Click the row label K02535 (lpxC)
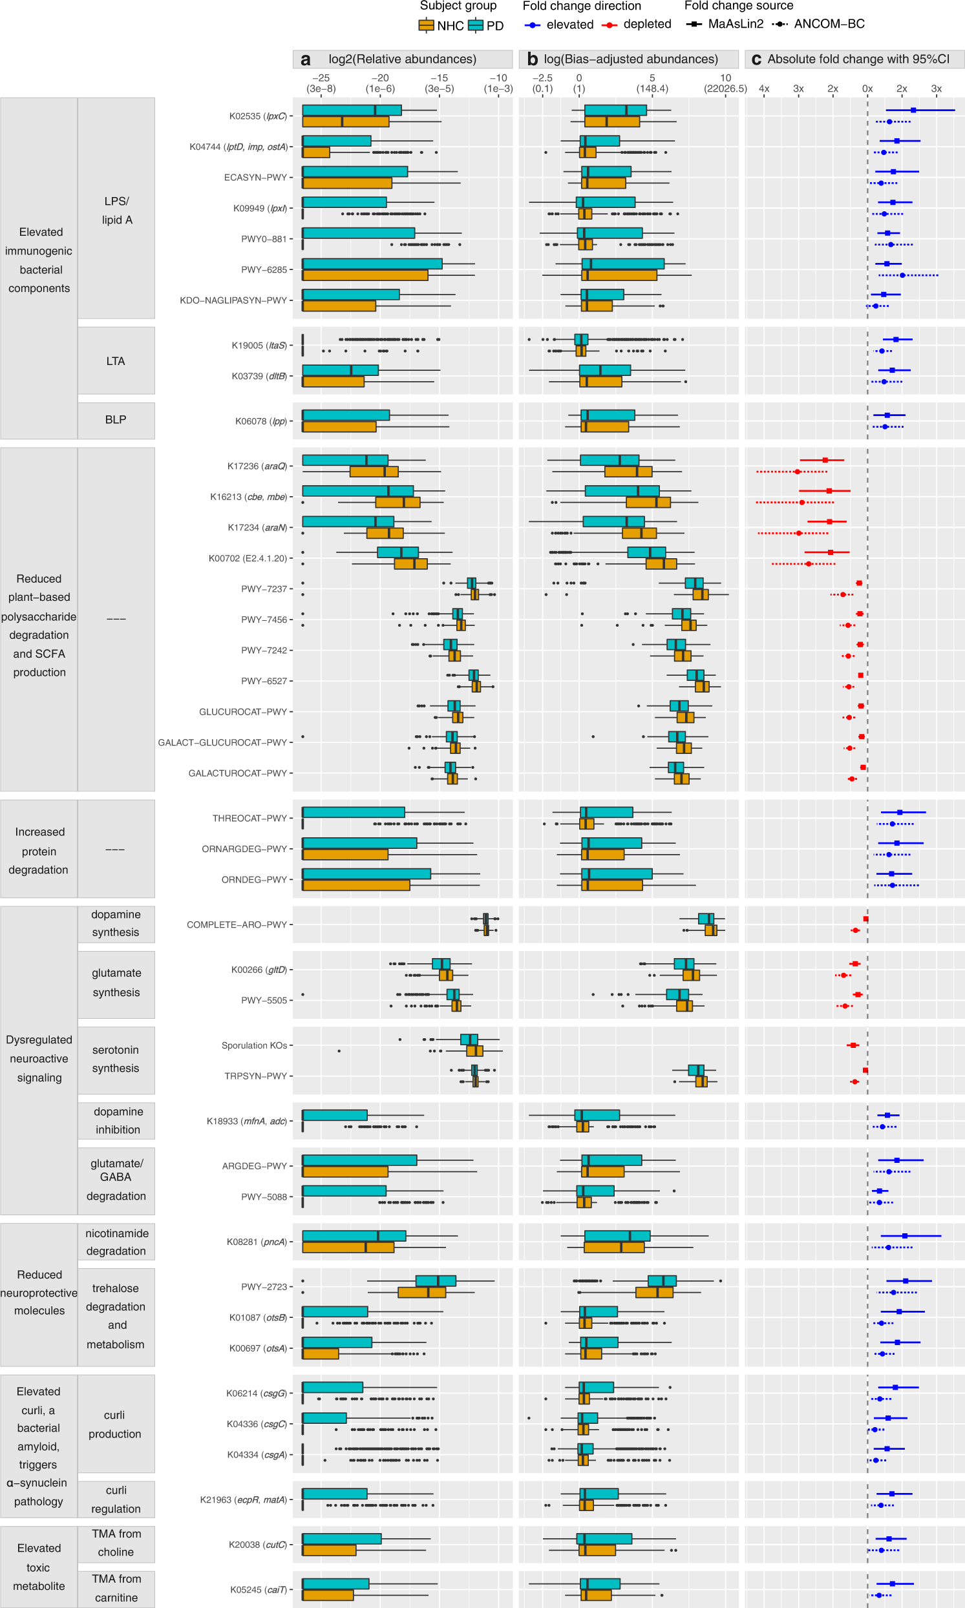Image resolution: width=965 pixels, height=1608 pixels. [257, 116]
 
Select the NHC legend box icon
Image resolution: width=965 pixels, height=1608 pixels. [426, 25]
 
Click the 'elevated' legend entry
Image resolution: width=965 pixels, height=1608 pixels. [560, 25]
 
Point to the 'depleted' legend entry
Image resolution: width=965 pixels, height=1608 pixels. [637, 25]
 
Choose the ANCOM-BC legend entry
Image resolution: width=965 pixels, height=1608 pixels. [819, 24]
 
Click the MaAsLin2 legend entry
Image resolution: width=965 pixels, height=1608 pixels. [725, 24]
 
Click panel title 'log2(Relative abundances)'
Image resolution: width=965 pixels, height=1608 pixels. [402, 59]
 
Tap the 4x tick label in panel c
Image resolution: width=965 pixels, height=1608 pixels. [764, 89]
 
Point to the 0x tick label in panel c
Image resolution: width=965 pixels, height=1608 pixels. [867, 89]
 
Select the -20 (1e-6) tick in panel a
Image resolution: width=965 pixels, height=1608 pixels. [380, 83]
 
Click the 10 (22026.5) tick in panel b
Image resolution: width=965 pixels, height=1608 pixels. [725, 83]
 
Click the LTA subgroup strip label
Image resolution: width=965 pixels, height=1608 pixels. [116, 360]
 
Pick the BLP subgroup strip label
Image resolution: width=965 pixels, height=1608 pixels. [116, 419]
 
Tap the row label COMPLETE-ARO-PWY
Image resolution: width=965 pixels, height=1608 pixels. [237, 924]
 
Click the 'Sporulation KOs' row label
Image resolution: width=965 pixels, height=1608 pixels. [253, 1045]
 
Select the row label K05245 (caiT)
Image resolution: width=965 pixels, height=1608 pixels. [258, 1589]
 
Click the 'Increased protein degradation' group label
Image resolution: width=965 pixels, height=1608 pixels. [39, 850]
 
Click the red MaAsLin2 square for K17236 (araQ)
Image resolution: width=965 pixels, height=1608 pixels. [825, 460]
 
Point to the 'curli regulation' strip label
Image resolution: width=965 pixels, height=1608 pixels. [116, 1499]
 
